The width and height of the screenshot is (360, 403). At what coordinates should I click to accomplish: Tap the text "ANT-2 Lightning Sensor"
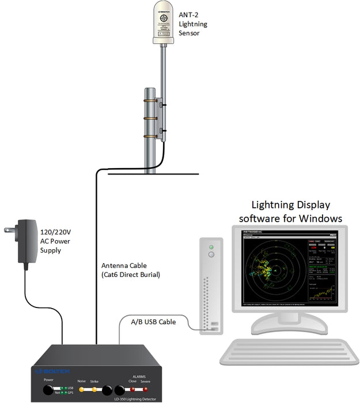coord(194,24)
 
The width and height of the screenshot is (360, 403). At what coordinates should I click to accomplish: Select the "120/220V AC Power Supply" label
coord(56,241)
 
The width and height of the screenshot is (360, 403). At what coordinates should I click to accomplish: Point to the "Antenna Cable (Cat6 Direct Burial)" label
coord(131,270)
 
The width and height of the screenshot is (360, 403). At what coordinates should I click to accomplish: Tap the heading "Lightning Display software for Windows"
coord(291,212)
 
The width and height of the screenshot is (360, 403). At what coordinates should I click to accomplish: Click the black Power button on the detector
coord(47,391)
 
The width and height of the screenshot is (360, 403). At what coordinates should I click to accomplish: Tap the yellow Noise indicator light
coord(81,390)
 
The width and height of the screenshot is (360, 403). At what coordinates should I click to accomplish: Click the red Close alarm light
coord(134,390)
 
